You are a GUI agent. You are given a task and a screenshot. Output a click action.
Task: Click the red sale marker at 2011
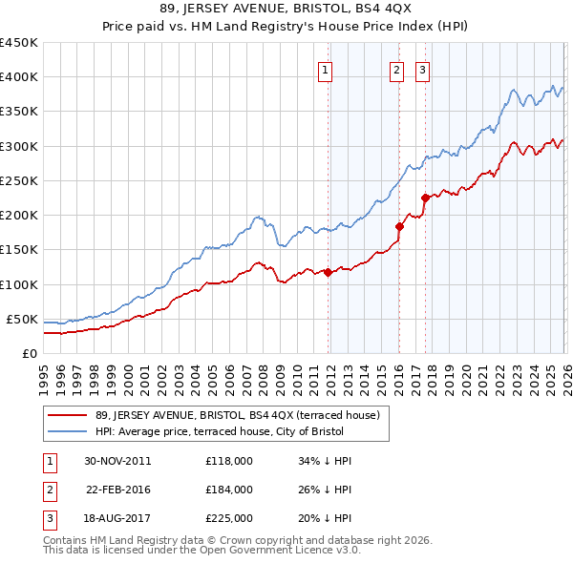(328, 272)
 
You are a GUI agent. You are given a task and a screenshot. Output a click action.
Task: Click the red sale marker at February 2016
(399, 226)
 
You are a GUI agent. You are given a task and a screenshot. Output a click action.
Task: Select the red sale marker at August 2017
(425, 198)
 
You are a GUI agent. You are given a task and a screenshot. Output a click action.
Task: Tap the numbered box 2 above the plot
(396, 69)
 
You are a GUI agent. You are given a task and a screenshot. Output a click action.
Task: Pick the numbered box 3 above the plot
(422, 69)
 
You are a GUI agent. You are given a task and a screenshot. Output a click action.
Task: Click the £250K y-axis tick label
(18, 180)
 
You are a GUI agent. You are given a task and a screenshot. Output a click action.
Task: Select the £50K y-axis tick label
(22, 319)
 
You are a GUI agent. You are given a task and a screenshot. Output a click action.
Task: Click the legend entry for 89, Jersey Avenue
(239, 415)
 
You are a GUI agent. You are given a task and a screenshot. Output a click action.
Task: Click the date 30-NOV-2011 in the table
(117, 461)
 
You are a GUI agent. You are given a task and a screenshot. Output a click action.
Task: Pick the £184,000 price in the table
(228, 490)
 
